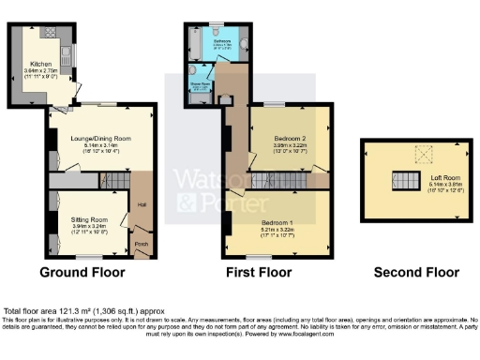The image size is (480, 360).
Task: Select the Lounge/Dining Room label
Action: [99, 139]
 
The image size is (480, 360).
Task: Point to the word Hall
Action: [141, 203]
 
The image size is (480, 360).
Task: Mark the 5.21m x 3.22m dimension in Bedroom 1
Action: [278, 228]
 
